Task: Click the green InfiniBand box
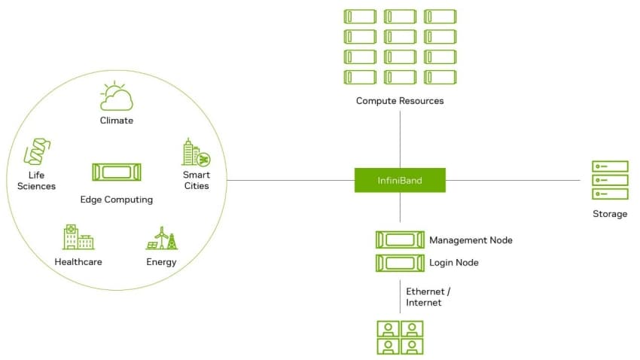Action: pos(400,180)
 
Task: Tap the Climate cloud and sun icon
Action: pos(117,97)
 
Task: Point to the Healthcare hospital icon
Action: pos(78,237)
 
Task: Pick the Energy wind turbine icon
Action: pos(161,238)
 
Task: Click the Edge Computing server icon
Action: pos(117,172)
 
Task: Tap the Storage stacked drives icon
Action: pos(609,180)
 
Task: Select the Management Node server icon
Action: pos(399,240)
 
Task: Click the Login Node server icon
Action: pos(399,263)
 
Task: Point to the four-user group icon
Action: pos(399,337)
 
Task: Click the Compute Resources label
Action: pos(400,101)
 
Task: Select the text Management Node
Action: pos(471,240)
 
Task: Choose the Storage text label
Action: pos(609,214)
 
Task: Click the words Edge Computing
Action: pos(117,200)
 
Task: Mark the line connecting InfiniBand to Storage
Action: pos(512,180)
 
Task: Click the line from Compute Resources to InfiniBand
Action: pos(400,136)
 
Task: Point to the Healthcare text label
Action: pos(78,262)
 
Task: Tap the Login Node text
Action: pos(453,263)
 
